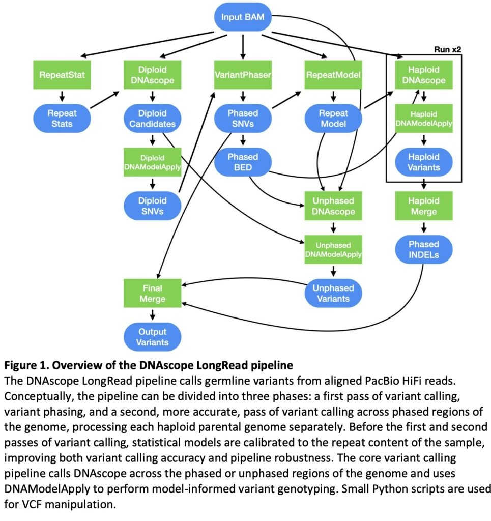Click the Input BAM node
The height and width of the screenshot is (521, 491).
coord(243,17)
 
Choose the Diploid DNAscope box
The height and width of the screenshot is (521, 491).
coord(153,75)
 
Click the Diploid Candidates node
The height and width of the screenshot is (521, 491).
coord(153,118)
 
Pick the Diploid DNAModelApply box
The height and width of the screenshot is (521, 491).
coord(153,162)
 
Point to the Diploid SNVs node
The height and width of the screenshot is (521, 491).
coord(153,206)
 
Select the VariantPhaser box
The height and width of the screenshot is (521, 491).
coord(243,75)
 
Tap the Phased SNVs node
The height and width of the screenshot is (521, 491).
coord(243,118)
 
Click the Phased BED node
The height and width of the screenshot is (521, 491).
coord(243,162)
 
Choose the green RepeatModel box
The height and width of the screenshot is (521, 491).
coord(333,75)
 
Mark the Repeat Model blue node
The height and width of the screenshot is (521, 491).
coord(333,118)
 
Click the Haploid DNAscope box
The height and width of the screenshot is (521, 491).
coord(423,75)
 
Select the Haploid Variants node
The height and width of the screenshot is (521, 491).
coord(423,162)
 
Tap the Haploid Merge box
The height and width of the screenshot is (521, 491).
coord(423,206)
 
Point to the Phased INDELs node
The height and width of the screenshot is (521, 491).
coord(423,249)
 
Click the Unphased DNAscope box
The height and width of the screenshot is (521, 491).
coord(333,206)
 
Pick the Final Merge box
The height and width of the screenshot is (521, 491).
coord(153,293)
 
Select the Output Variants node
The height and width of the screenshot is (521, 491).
coord(153,336)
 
